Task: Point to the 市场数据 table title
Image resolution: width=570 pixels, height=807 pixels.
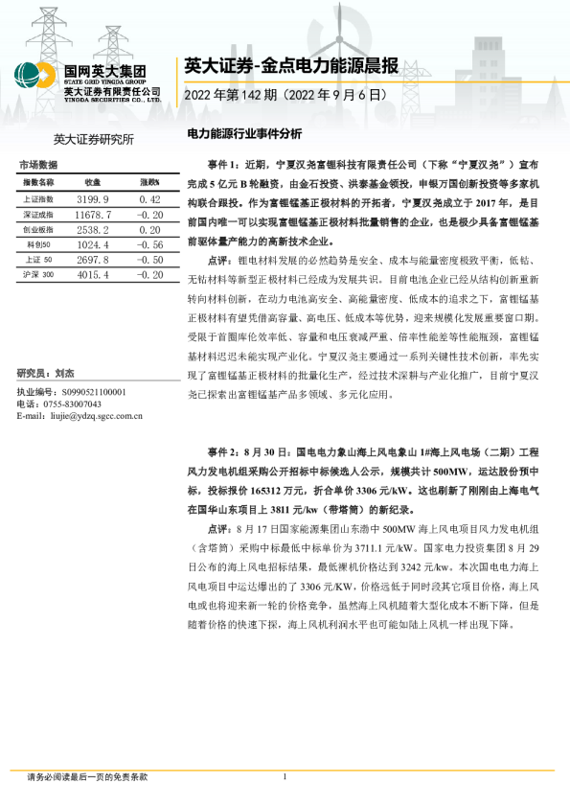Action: pyautogui.click(x=38, y=165)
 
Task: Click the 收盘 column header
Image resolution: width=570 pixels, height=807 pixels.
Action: pyautogui.click(x=93, y=181)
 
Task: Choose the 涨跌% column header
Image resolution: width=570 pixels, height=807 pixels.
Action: pyautogui.click(x=148, y=181)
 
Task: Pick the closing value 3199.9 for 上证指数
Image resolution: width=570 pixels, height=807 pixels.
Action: pyautogui.click(x=93, y=198)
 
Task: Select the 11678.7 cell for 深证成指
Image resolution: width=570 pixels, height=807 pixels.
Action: pyautogui.click(x=93, y=215)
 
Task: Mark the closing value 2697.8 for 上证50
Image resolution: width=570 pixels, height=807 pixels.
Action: pyautogui.click(x=93, y=260)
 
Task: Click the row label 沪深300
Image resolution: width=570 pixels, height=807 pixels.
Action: pyautogui.click(x=39, y=275)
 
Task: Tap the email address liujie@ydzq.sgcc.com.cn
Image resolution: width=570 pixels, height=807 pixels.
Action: pyautogui.click(x=95, y=416)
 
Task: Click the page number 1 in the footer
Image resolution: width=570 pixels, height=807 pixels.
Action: pyautogui.click(x=285, y=776)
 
